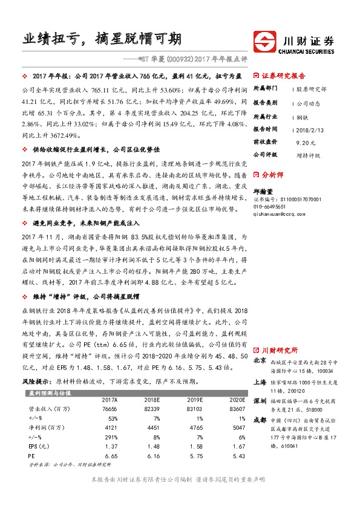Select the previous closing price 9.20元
(306, 142)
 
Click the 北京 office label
(260, 360)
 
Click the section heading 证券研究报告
(284, 76)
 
